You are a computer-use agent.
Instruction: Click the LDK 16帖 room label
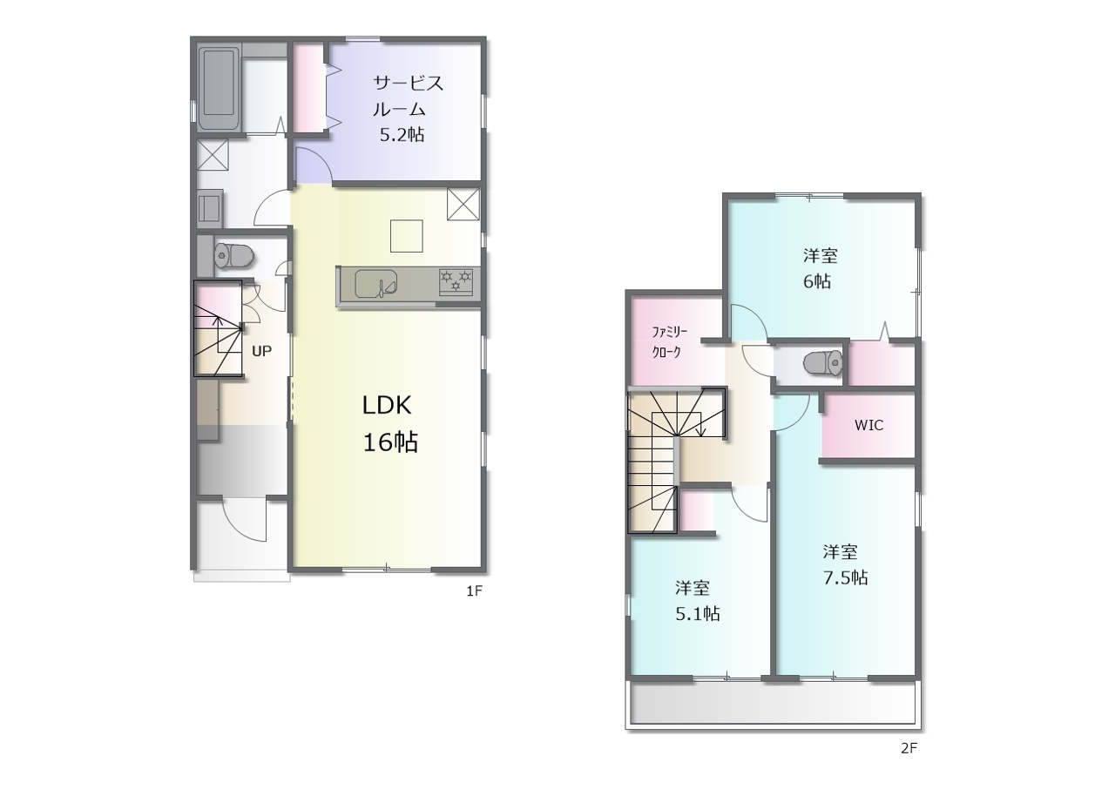(389, 423)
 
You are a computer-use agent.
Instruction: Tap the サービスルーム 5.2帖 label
(408, 109)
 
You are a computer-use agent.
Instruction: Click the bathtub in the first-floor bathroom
(219, 88)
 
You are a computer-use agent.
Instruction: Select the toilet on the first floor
(233, 256)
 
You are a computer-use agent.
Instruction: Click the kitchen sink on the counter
(376, 284)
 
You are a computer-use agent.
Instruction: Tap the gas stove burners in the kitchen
(456, 282)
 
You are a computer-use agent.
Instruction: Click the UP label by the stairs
(262, 351)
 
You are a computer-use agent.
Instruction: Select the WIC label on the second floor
(869, 425)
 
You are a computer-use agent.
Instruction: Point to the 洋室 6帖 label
(820, 268)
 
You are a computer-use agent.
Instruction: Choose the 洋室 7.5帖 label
(845, 564)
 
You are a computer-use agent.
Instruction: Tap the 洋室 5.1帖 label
(697, 601)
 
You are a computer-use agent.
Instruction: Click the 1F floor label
(475, 591)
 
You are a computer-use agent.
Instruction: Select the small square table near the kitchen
(406, 236)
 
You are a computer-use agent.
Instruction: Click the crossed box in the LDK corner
(463, 204)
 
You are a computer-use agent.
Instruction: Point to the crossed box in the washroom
(213, 155)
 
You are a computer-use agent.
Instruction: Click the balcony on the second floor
(773, 704)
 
